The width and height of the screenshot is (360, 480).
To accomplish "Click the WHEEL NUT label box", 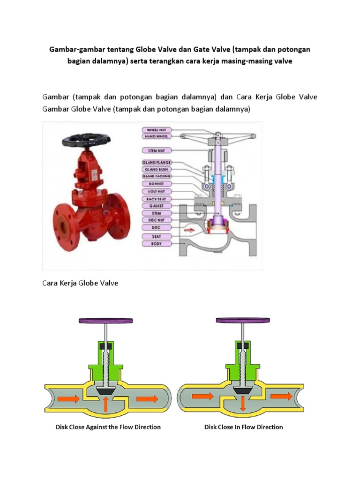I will (x=157, y=129).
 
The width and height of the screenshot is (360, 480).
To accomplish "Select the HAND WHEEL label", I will (x=157, y=136).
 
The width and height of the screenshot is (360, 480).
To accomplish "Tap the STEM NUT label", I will (x=157, y=150).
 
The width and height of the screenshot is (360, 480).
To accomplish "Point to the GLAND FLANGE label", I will (x=157, y=162).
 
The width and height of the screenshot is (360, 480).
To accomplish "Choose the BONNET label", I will (x=157, y=184).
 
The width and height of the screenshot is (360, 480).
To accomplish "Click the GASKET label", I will (x=157, y=206).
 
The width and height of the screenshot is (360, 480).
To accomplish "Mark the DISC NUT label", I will (x=157, y=220).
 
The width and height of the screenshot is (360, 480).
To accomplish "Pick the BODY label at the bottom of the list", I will (x=157, y=244).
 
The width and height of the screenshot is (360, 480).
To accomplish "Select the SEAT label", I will (x=157, y=236).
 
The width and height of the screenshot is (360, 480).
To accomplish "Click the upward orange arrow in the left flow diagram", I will (x=107, y=402).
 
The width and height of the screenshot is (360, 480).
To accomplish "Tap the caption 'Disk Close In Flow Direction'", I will (x=243, y=427).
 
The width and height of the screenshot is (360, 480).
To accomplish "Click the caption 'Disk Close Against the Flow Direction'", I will (x=105, y=427).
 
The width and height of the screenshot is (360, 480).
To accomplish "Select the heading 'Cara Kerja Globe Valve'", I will (x=80, y=283).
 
